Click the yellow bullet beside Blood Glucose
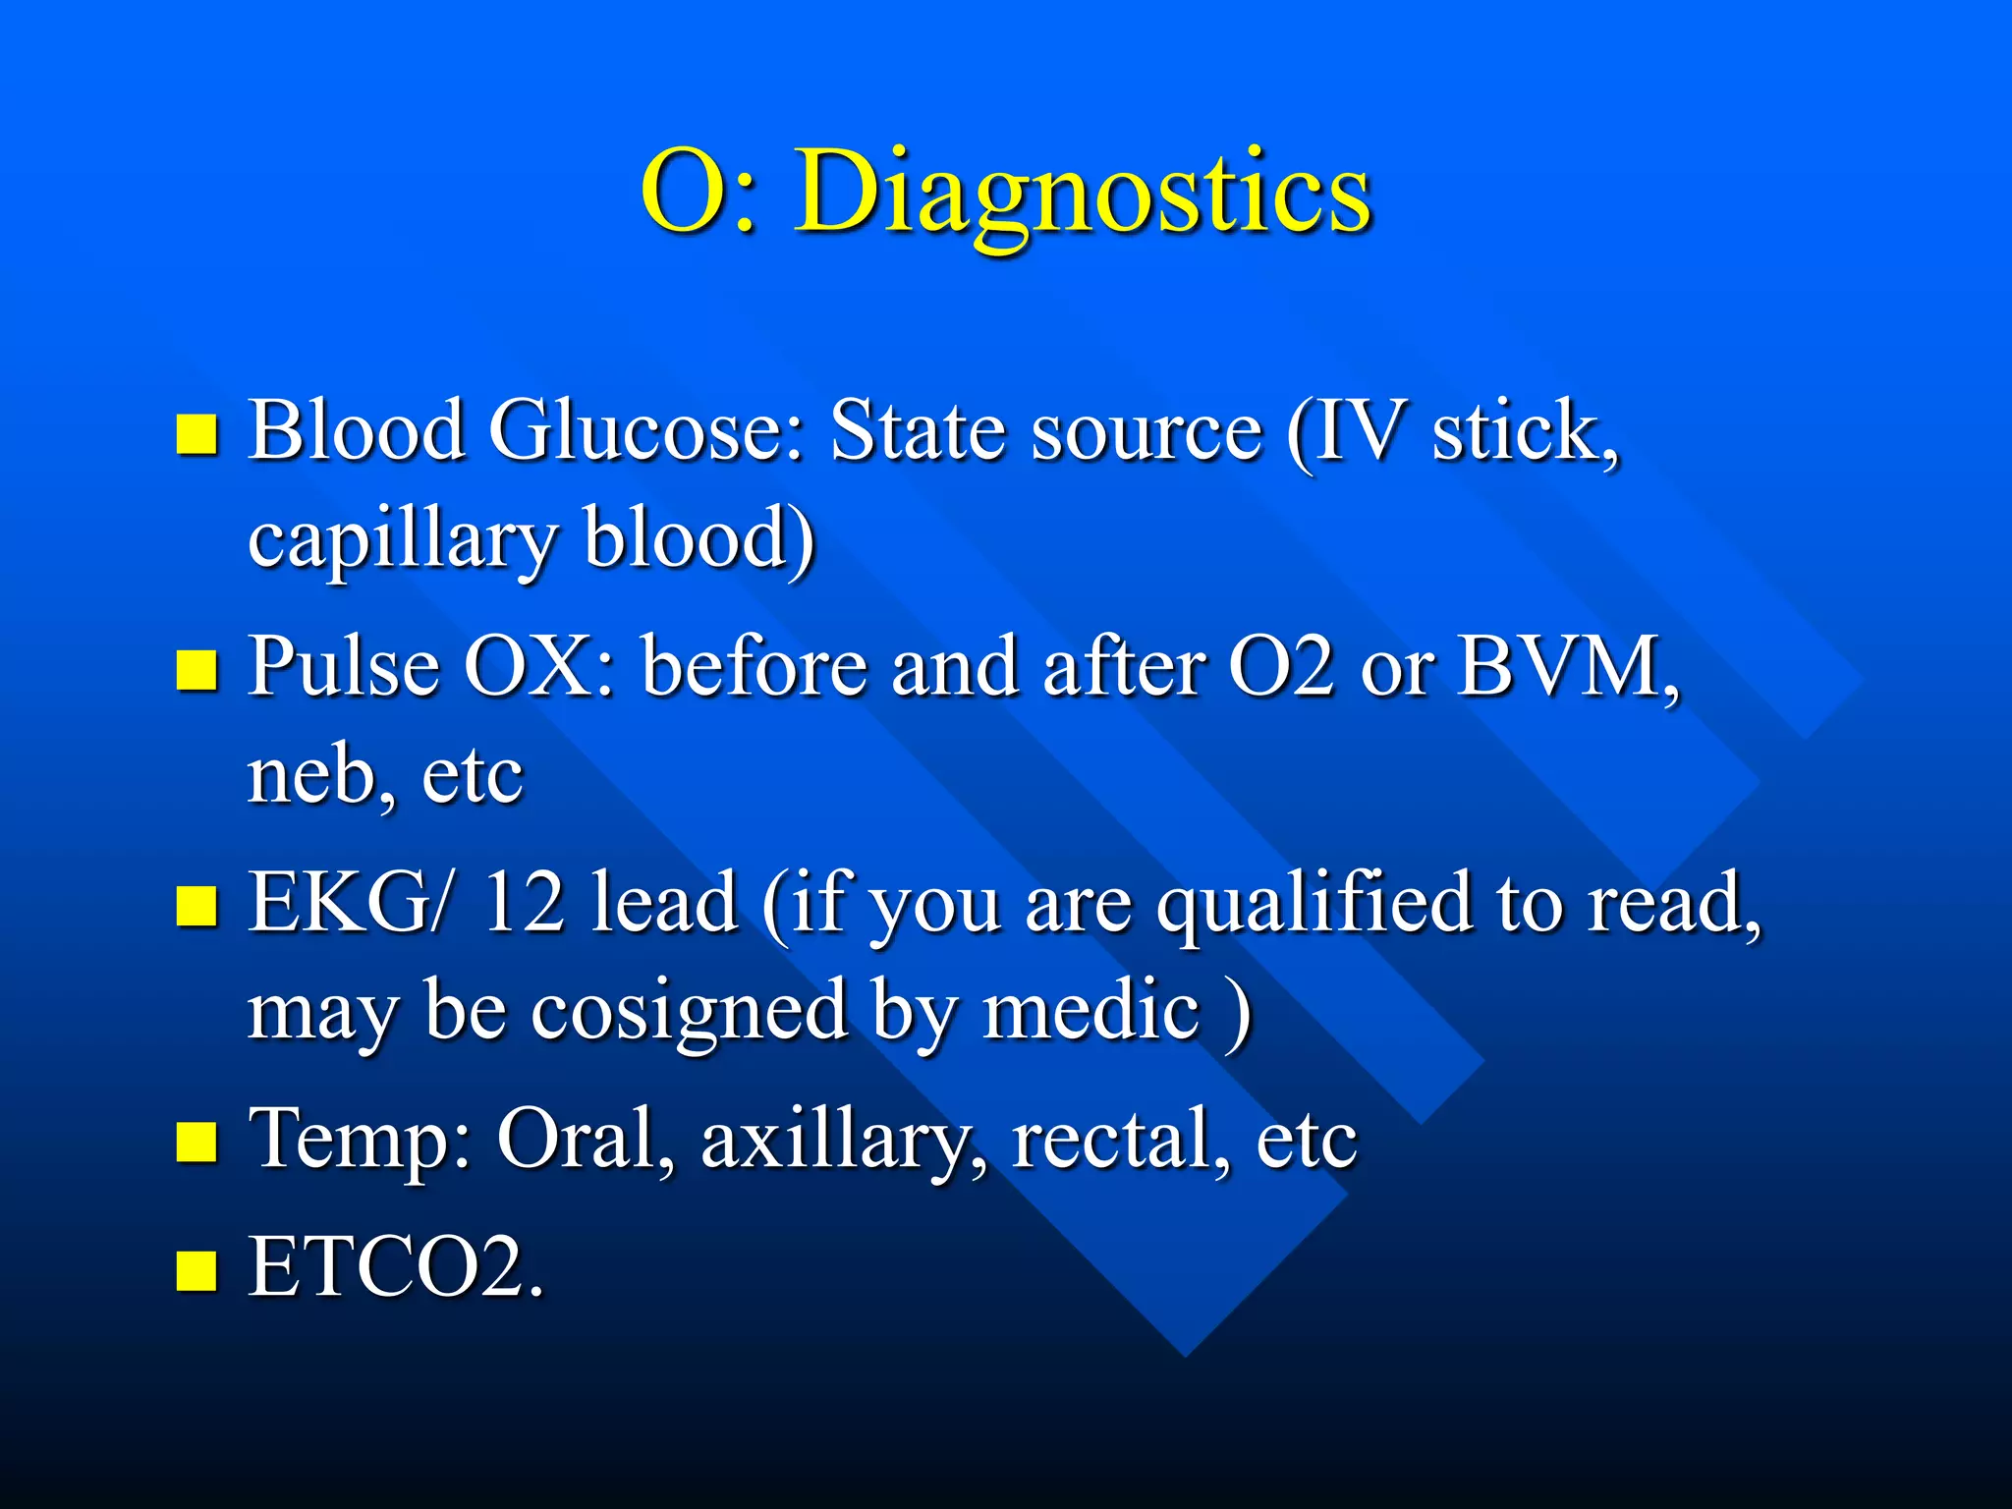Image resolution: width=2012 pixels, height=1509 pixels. (196, 433)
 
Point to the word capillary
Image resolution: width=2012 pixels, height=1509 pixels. (402, 539)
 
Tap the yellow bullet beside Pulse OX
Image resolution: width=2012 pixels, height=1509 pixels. (196, 671)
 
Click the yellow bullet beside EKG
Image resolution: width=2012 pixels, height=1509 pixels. (196, 906)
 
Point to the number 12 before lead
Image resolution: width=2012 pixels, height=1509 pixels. (524, 902)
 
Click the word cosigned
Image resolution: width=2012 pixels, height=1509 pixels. (689, 1012)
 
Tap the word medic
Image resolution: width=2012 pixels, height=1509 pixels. (1090, 1012)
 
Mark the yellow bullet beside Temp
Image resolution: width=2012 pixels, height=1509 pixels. (196, 1143)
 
